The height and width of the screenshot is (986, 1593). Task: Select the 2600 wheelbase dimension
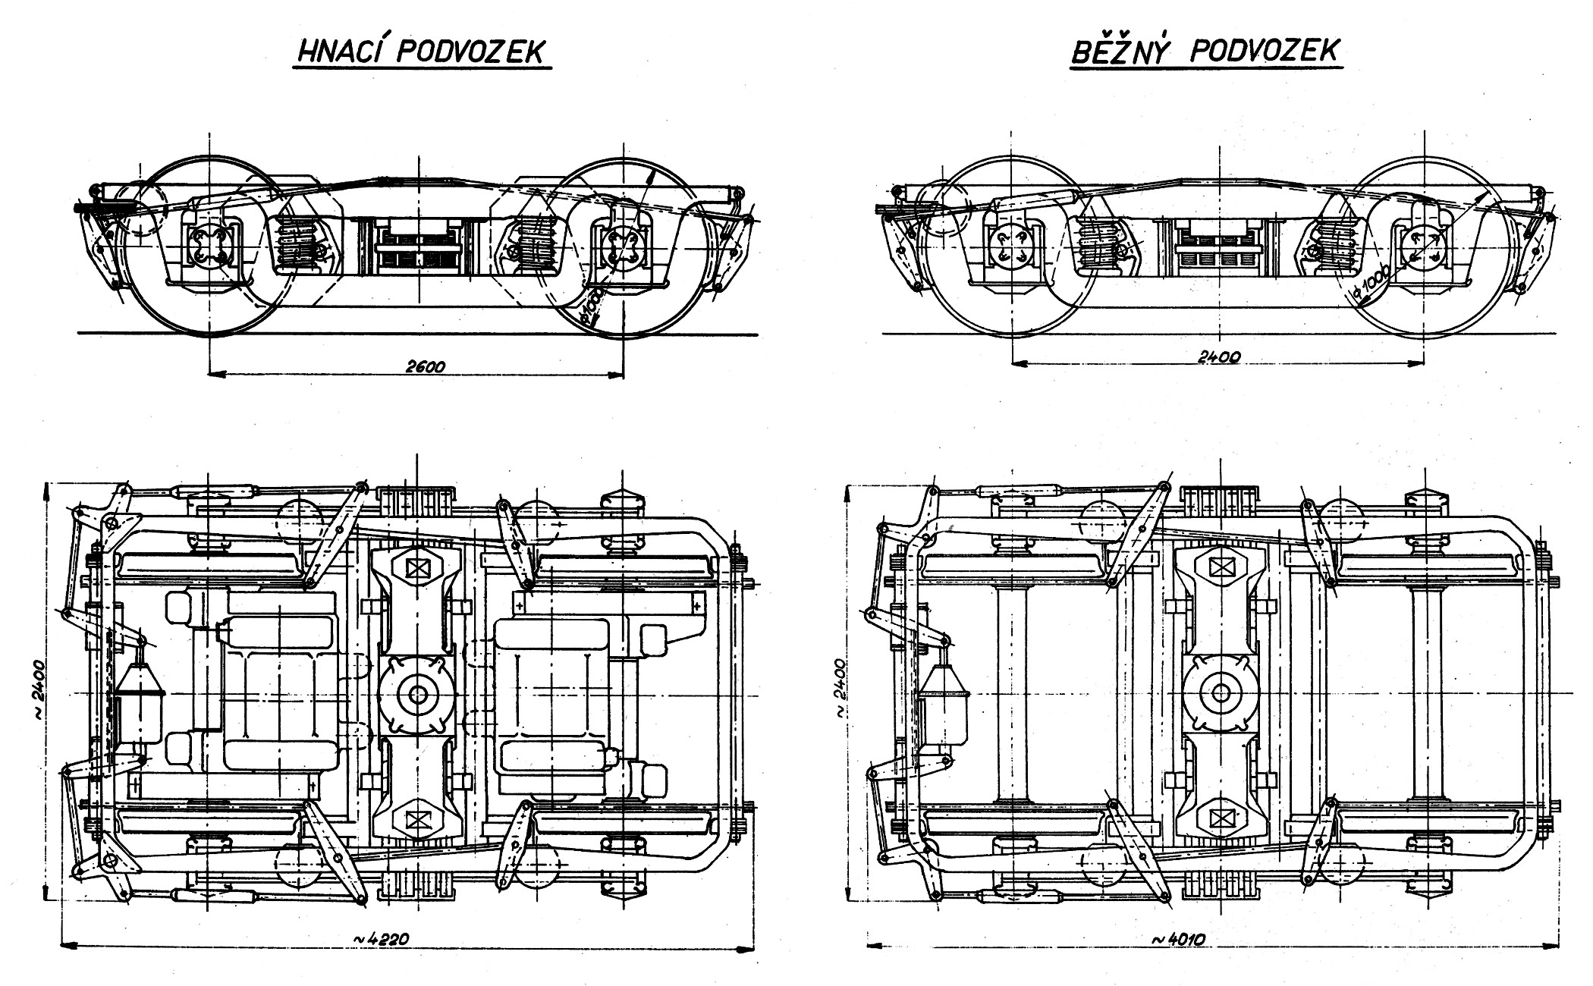click(426, 366)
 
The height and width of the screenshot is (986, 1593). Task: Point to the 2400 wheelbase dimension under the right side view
click(1218, 356)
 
